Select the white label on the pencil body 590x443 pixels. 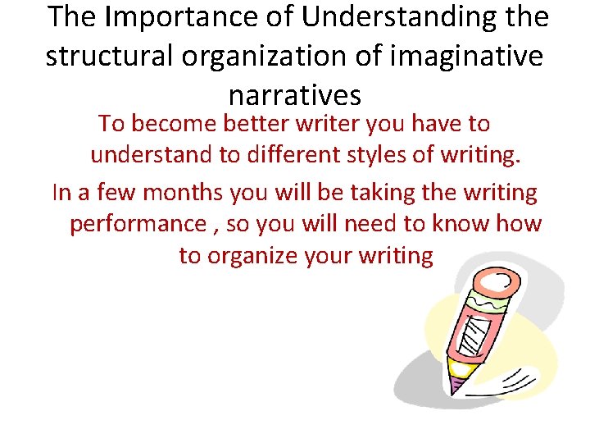(474, 336)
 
